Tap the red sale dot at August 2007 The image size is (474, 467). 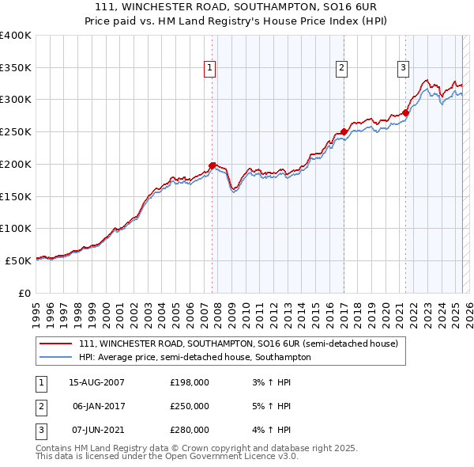click(213, 165)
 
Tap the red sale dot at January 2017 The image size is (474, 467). click(344, 131)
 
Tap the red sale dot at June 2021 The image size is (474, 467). click(405, 112)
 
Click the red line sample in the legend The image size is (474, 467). click(56, 344)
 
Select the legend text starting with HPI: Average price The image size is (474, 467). click(195, 357)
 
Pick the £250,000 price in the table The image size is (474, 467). click(190, 406)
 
